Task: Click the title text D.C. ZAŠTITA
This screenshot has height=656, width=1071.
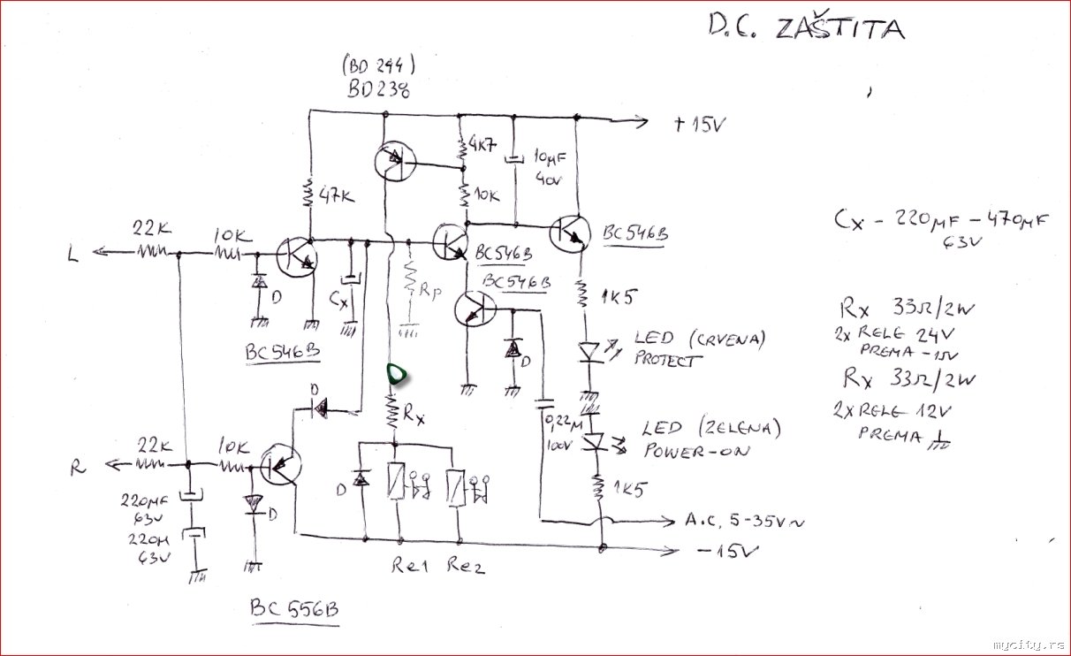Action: (806, 29)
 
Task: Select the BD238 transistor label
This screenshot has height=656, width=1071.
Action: (378, 91)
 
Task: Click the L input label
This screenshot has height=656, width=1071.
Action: (73, 255)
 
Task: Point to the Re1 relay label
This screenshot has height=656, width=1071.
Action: (410, 566)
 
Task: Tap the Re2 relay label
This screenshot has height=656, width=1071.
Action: (466, 566)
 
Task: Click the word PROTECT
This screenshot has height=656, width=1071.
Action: (669, 360)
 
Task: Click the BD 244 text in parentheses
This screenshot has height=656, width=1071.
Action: (377, 65)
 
